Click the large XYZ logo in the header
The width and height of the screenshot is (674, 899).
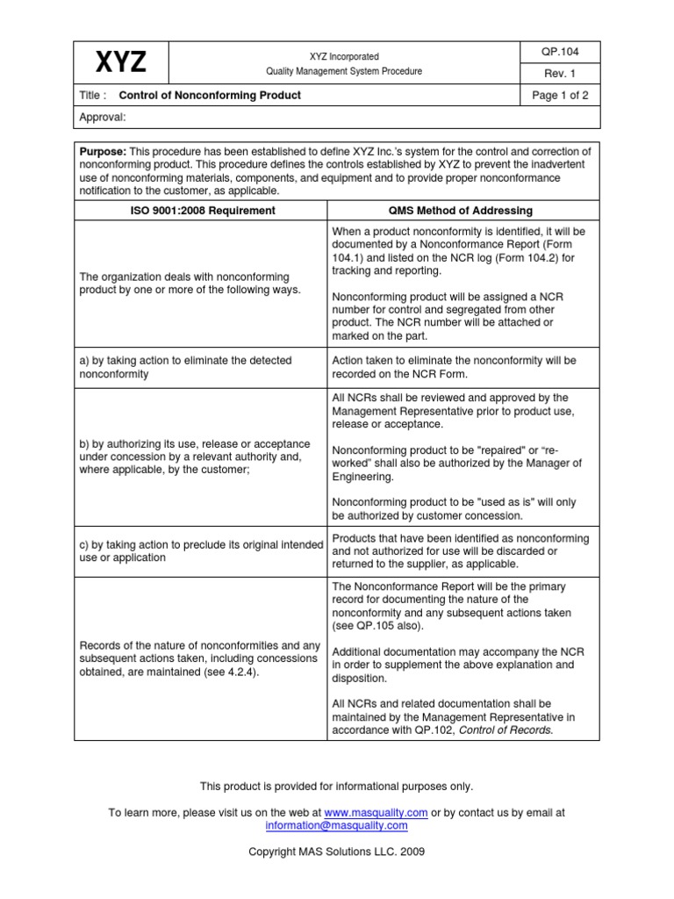(x=120, y=63)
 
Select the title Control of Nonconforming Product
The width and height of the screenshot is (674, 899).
(x=210, y=96)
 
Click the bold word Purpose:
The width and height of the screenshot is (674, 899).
(x=103, y=151)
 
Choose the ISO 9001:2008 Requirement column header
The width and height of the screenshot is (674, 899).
(x=200, y=211)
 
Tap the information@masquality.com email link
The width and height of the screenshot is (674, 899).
(x=336, y=825)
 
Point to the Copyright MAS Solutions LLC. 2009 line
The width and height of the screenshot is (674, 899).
(x=337, y=852)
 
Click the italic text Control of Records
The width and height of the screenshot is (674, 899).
(x=506, y=730)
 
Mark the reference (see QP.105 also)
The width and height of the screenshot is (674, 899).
(x=377, y=626)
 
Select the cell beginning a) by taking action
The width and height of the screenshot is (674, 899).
(x=185, y=367)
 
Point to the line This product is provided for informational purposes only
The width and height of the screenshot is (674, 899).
(x=337, y=787)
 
